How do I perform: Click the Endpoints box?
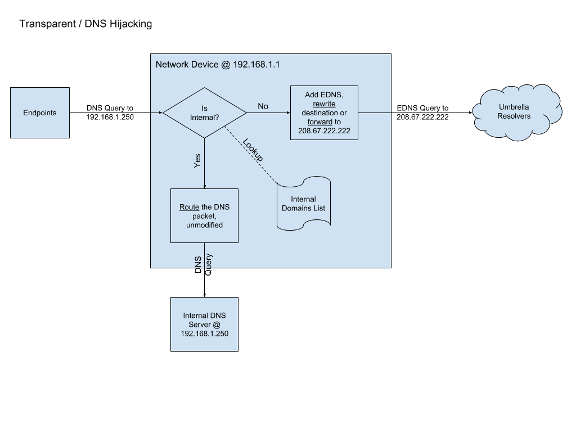pos(39,112)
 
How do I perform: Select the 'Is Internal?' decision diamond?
pos(204,112)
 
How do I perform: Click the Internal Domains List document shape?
pos(303,204)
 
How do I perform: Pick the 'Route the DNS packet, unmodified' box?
pos(204,215)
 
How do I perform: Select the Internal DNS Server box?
pos(204,324)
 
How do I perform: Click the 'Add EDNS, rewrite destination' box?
pos(324,112)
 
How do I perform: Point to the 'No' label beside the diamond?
pos(263,106)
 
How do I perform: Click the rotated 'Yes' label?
pos(197,161)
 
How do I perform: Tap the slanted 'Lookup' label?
pos(253,150)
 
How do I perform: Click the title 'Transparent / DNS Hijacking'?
pos(85,24)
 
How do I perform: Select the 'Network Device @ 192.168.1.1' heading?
pos(218,65)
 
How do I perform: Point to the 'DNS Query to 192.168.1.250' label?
pos(110,112)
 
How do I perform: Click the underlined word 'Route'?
pos(189,207)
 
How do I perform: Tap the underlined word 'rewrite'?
pos(324,104)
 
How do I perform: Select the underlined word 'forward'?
pos(319,121)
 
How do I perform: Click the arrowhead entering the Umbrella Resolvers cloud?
pos(470,112)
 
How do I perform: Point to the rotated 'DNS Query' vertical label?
pos(203,264)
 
